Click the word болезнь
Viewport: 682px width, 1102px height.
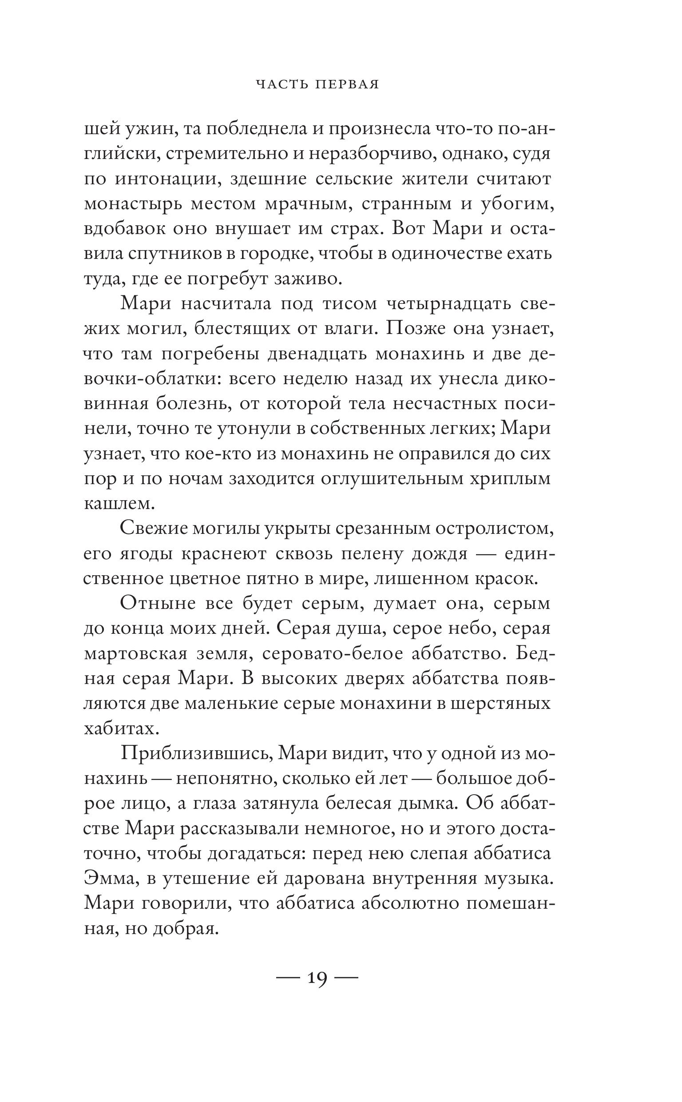pos(194,403)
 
